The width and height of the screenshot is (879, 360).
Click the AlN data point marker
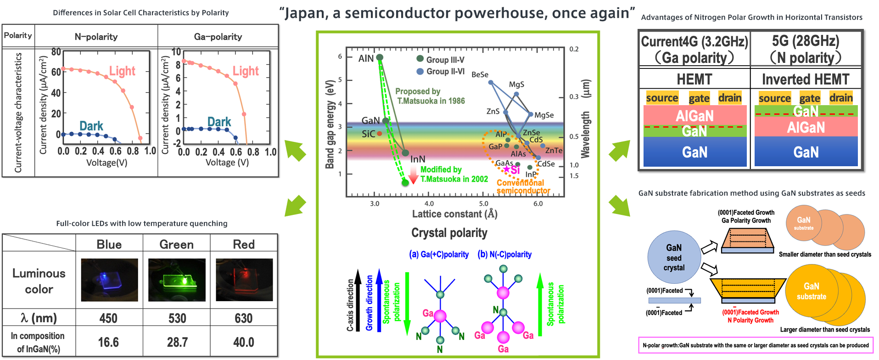[380, 57]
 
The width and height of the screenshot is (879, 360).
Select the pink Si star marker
[507, 169]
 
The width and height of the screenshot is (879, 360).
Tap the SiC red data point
[380, 134]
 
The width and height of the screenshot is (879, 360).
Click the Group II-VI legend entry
[440, 72]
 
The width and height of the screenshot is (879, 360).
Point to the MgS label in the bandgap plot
[516, 84]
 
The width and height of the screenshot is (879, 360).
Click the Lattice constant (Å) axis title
[454, 214]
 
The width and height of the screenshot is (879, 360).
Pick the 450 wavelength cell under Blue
[109, 318]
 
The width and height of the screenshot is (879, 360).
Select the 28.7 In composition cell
[177, 342]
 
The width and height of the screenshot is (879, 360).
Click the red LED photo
[244, 280]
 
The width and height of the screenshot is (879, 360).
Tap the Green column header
[176, 244]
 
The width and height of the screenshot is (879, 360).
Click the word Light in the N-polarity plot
[122, 71]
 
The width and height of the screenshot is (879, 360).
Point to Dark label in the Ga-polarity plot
[219, 122]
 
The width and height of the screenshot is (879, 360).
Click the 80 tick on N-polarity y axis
[56, 52]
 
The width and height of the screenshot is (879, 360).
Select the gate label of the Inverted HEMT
[809, 98]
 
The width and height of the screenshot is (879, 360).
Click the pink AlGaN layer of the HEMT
[694, 115]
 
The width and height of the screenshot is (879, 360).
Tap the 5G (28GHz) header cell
[806, 49]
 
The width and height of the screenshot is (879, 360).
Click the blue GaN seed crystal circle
[674, 258]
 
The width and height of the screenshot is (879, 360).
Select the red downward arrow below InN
[413, 175]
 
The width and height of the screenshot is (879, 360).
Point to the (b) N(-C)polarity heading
[504, 254]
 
